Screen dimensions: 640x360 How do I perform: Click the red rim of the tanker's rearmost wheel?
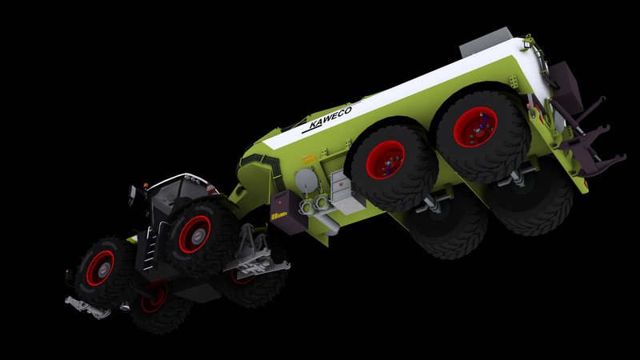tap(475, 126)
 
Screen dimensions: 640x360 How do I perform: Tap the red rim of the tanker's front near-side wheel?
tap(386, 159)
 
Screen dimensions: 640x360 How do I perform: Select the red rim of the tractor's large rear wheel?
tap(194, 234)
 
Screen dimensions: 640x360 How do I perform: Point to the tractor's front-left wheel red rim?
tap(100, 268)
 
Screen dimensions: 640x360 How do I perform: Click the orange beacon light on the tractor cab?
tap(146, 186)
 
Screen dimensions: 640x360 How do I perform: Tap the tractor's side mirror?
tap(132, 195)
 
